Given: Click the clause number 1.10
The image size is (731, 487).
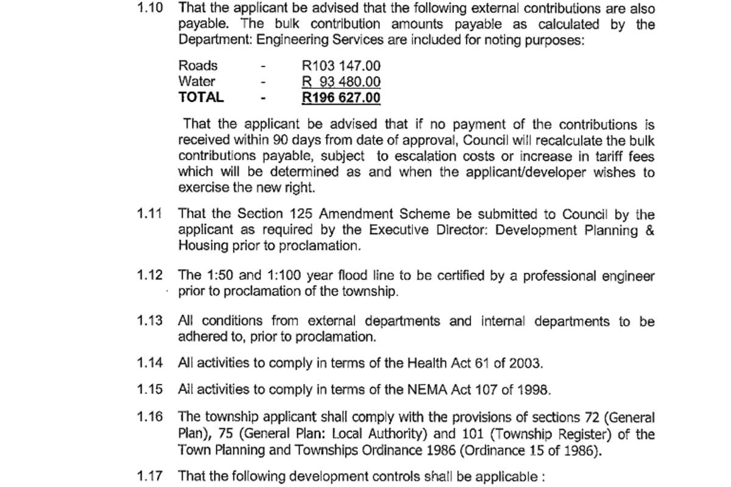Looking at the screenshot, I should [x=150, y=9].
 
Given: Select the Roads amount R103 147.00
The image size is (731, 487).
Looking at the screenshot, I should [x=341, y=66].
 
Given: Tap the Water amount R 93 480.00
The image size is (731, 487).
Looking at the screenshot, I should [x=341, y=82].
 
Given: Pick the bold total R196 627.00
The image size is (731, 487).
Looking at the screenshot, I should [x=341, y=97].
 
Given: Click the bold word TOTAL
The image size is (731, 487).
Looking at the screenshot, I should [x=201, y=97].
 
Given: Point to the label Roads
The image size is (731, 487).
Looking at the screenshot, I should [x=197, y=66].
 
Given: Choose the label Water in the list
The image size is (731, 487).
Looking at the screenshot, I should [x=196, y=82].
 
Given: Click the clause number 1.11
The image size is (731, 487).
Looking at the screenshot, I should [x=150, y=214].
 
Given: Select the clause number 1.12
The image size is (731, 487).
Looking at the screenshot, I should [x=150, y=276].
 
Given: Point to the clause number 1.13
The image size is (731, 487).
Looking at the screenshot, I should [x=150, y=321].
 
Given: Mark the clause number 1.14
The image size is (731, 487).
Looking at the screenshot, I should [x=150, y=363].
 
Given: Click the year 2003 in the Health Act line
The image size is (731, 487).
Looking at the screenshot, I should [x=525, y=363].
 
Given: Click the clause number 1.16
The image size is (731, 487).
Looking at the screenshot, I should [x=150, y=418].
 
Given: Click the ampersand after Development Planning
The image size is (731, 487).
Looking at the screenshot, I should [x=649, y=231].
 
